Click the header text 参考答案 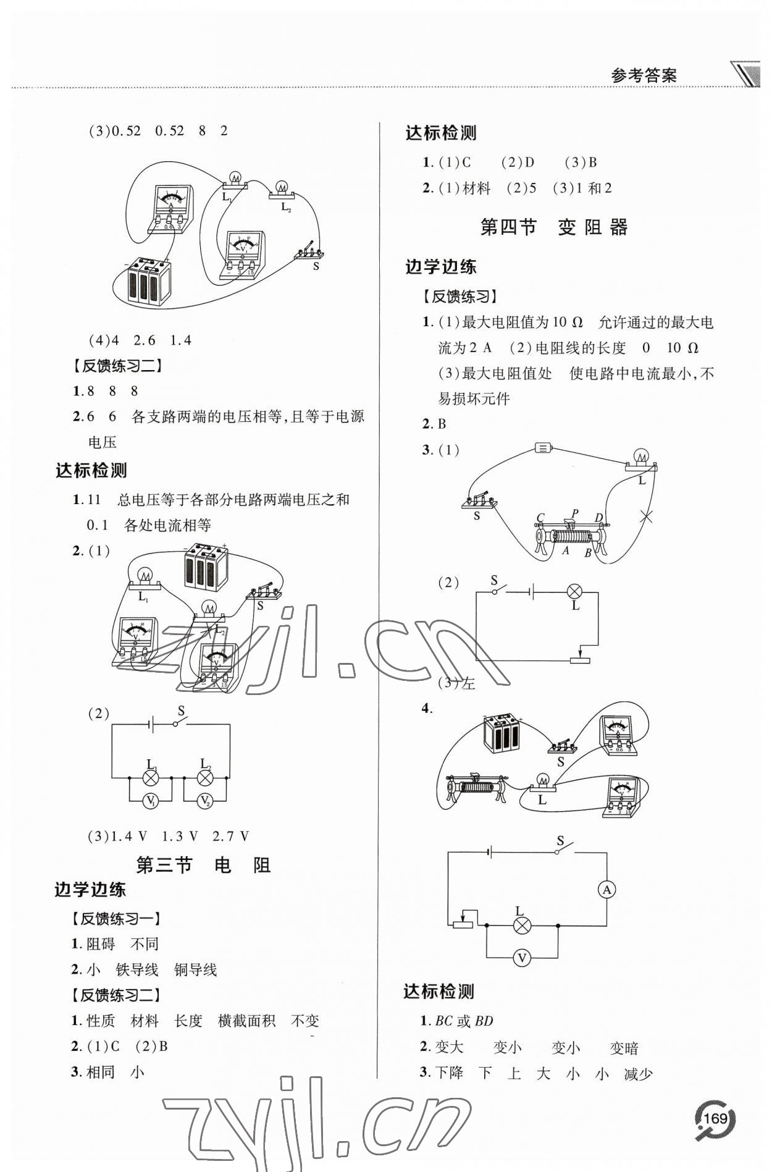644,75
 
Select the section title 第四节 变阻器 554,227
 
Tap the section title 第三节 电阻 203,865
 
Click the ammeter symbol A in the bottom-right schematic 607,890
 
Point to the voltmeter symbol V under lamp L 522,958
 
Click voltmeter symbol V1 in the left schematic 150,801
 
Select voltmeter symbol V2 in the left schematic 205,801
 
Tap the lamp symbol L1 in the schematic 150,778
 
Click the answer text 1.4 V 129,837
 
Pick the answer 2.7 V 230,837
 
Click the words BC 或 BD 464,1021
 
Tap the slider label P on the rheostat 575,513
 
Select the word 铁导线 137,970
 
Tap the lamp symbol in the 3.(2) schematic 575,591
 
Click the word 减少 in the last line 639,1074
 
